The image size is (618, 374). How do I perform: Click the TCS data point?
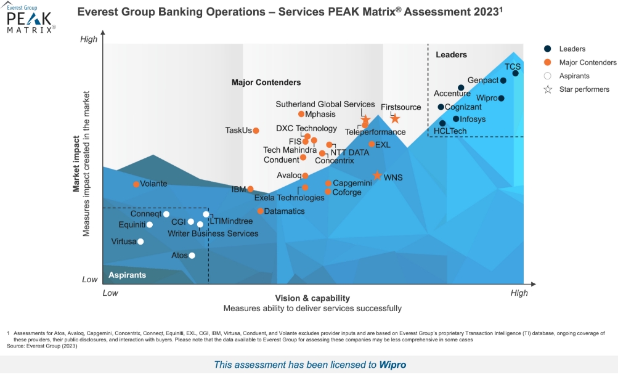(515, 73)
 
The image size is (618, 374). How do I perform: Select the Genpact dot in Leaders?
(503, 81)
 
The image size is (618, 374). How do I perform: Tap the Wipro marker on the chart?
(502, 99)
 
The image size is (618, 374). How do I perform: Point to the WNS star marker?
(377, 176)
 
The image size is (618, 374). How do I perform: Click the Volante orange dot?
(136, 184)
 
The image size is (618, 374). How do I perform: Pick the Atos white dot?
(192, 256)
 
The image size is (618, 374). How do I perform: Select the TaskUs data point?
(256, 131)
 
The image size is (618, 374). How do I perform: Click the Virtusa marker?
(140, 242)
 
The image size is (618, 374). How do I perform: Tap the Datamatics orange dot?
(261, 211)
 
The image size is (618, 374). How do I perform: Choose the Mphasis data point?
(301, 114)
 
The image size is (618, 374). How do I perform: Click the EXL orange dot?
(372, 144)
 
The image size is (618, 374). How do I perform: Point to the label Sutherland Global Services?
(325, 104)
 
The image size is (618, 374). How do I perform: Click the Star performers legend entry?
(583, 89)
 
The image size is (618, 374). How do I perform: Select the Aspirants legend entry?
(574, 76)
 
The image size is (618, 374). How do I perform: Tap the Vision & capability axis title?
(312, 298)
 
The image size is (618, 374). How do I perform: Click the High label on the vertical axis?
(89, 39)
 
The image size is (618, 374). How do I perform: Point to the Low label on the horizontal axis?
(110, 293)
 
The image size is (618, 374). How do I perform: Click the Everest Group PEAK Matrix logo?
(31, 18)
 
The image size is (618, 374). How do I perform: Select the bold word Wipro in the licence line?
(392, 365)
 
